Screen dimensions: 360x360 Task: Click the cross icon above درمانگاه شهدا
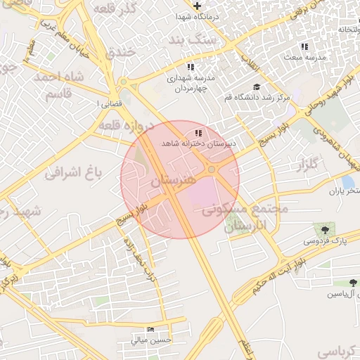tap(197, 6)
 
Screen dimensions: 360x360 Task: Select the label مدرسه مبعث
tap(303, 57)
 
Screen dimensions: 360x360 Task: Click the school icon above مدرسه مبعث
tap(303, 46)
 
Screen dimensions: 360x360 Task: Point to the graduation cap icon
tap(257, 87)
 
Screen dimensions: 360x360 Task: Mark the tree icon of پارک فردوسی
tap(324, 229)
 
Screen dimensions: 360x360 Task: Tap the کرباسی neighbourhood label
tap(336, 349)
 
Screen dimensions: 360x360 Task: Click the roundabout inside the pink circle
tap(211, 169)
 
